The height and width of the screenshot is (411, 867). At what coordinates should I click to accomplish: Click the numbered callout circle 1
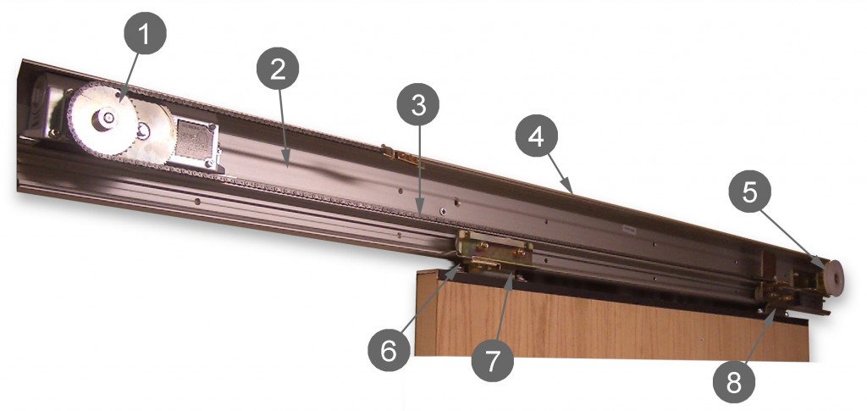145,33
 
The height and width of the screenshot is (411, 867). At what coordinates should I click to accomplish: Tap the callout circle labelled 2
278,69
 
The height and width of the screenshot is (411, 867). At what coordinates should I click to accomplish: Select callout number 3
418,105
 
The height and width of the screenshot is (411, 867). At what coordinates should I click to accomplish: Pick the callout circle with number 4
536,136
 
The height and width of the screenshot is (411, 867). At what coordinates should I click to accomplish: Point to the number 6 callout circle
389,351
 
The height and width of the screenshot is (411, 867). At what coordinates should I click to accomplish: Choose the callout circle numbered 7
492,361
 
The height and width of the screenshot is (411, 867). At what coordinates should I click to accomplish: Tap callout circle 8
733,381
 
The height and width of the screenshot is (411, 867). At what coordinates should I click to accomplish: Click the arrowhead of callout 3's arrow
420,211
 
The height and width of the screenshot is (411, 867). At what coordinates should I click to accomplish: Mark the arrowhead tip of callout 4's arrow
572,193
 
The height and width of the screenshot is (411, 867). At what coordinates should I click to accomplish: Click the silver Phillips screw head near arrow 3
443,210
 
